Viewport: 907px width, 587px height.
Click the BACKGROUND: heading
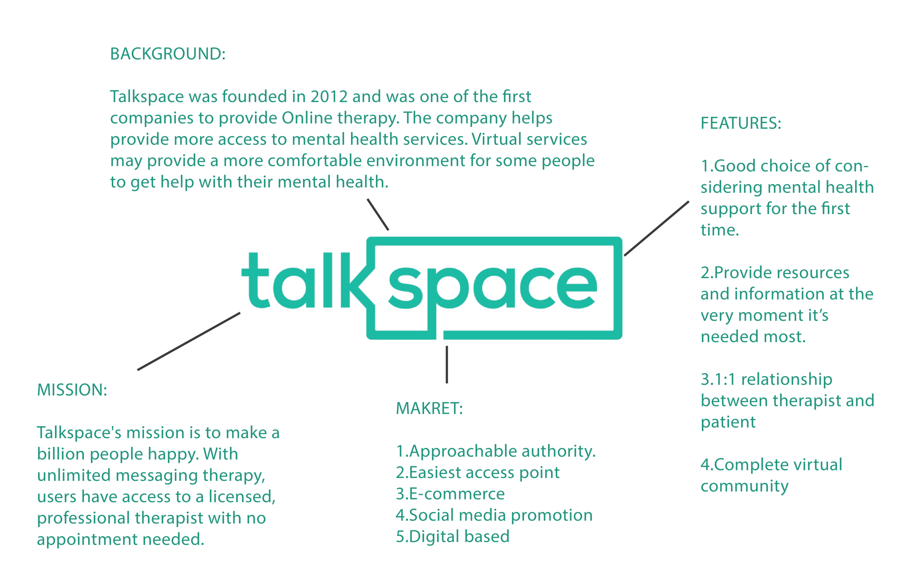tap(168, 54)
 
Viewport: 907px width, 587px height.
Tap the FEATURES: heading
tap(741, 123)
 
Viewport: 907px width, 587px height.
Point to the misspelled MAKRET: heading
tap(429, 408)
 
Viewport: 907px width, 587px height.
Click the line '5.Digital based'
tap(452, 536)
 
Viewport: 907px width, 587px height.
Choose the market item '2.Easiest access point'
tap(477, 472)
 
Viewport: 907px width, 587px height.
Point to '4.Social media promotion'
tap(494, 515)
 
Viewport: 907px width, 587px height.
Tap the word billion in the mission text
tap(61, 454)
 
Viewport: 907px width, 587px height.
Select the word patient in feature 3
tap(728, 422)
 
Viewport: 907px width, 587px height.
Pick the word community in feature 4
tap(744, 486)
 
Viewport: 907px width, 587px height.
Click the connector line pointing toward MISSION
tap(189, 341)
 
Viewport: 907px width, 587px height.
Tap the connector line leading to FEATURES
tap(657, 228)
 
